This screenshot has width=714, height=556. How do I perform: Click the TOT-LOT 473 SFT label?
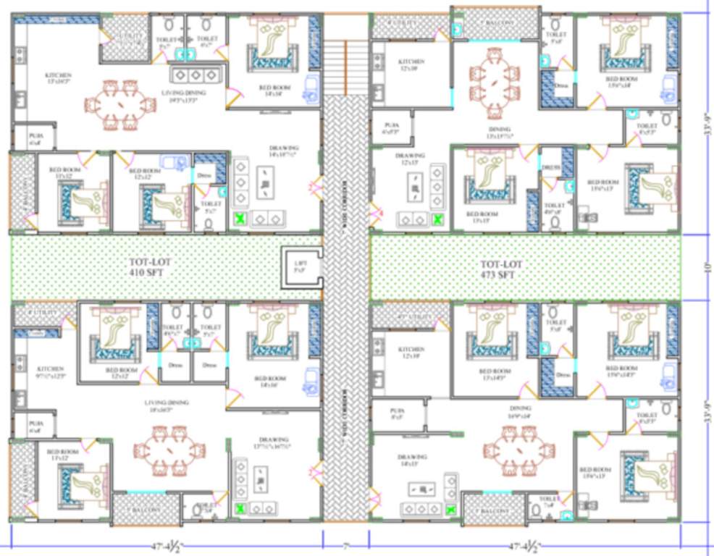click(x=501, y=269)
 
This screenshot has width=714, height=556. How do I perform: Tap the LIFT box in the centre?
click(x=298, y=266)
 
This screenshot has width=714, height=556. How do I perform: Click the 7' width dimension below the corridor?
click(x=345, y=544)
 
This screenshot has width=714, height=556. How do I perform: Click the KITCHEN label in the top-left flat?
click(x=58, y=77)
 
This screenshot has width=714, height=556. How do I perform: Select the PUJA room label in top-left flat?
click(x=35, y=139)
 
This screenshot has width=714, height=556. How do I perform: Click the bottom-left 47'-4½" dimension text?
click(x=164, y=545)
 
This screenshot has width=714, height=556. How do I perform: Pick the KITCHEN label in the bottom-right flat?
click(x=409, y=352)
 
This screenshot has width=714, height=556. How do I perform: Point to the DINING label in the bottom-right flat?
click(x=520, y=410)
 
